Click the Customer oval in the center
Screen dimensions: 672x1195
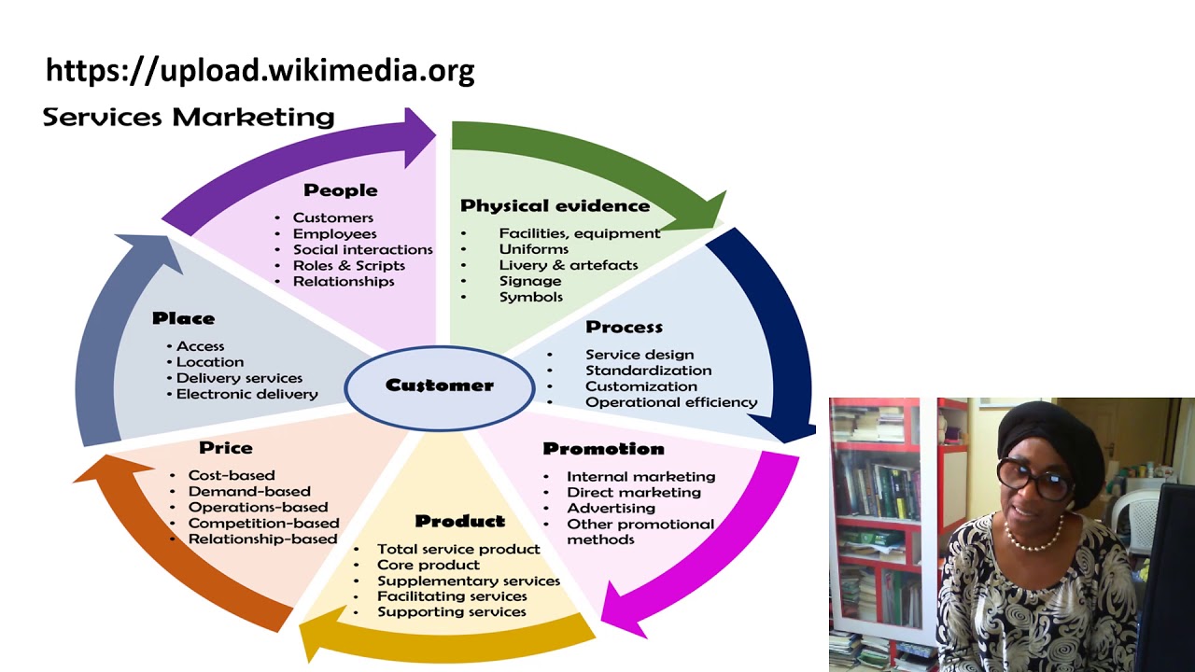[x=439, y=385]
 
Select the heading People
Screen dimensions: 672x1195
[x=341, y=190]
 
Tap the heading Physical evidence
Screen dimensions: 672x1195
[x=555, y=205]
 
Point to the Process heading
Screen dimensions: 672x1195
[x=624, y=327]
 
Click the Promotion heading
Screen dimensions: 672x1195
[x=603, y=449]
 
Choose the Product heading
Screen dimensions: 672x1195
[x=459, y=521]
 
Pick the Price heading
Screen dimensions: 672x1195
[x=226, y=448]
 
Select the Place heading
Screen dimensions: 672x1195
[x=183, y=318]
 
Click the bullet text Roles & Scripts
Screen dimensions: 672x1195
[x=348, y=266]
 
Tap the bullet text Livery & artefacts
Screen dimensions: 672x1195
[x=568, y=265]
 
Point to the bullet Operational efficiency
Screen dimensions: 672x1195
[x=670, y=402]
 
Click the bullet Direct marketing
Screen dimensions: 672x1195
[x=633, y=493]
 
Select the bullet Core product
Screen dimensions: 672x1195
[x=428, y=566]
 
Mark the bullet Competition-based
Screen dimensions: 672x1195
[x=263, y=524]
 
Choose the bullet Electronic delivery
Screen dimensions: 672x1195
[x=246, y=395]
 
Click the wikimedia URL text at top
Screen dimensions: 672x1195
[x=260, y=71]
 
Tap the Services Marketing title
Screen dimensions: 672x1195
[x=189, y=118]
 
